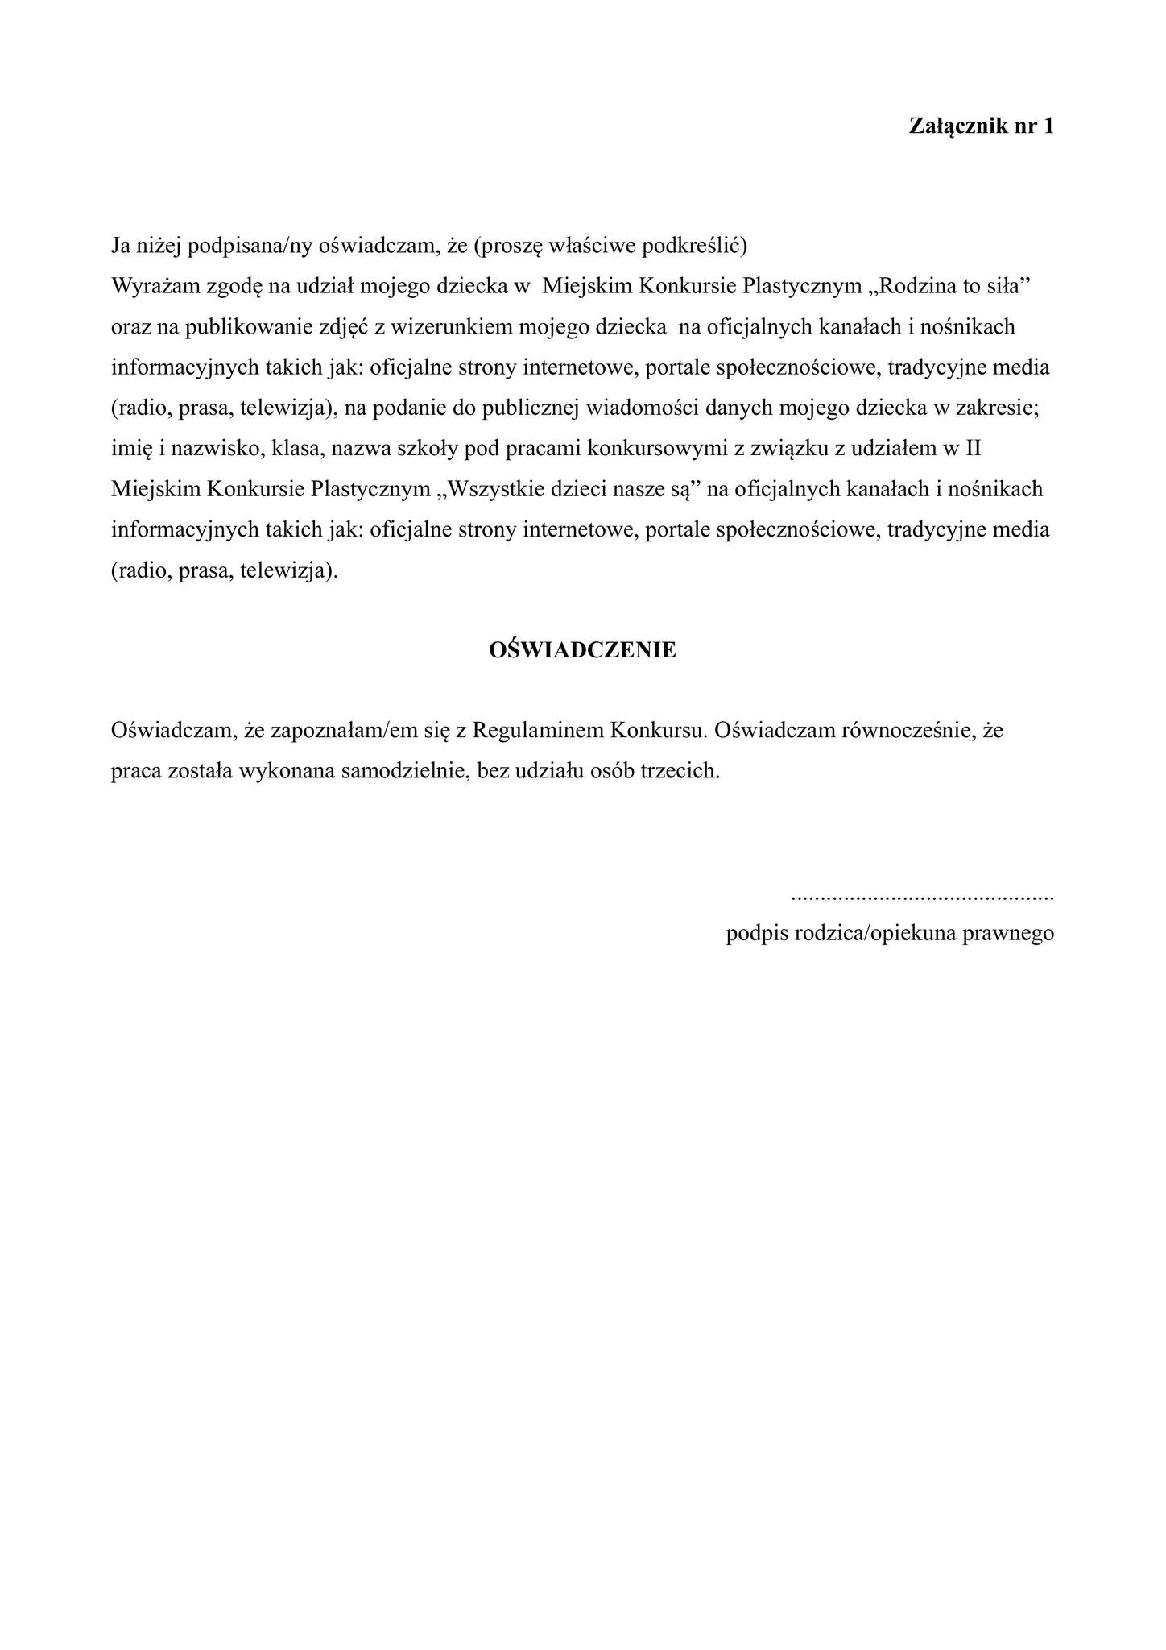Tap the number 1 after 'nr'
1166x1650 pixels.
(1048, 126)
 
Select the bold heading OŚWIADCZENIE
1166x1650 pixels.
(582, 650)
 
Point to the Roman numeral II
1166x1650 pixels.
(974, 449)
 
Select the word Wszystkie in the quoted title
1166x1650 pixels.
(505, 489)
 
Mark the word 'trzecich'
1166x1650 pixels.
(684, 771)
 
